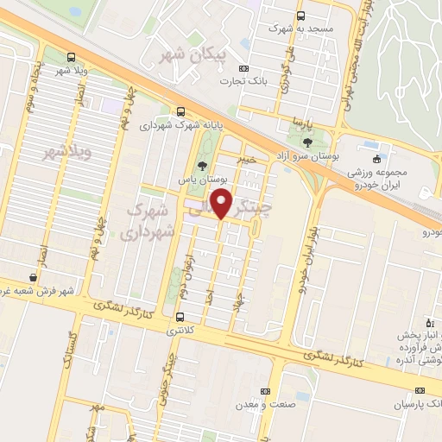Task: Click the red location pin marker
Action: [x=222, y=205]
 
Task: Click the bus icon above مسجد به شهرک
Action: [x=300, y=16]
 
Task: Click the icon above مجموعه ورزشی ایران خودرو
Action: [x=376, y=158]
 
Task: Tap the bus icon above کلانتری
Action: [x=180, y=317]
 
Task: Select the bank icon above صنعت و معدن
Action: [x=275, y=390]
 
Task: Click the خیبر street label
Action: [x=248, y=160]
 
